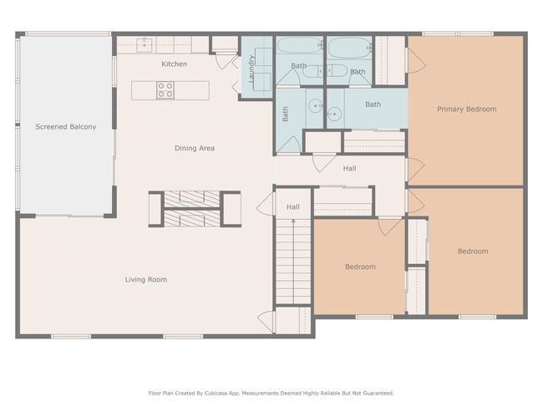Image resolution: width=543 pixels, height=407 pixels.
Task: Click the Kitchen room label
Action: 175,64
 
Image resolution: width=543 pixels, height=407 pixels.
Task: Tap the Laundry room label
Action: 251,69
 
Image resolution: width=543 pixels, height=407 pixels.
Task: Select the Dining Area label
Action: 195,148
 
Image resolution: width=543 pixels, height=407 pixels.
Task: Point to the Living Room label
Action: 146,279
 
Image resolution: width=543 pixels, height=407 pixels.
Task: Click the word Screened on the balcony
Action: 51,127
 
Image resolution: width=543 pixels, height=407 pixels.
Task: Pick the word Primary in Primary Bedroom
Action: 449,109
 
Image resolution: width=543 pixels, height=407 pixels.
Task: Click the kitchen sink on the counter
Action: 144,45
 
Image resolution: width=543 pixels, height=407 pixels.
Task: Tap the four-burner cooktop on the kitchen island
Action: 165,90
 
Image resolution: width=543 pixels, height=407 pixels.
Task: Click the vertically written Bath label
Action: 285,114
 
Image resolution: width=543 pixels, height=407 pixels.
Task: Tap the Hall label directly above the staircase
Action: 293,207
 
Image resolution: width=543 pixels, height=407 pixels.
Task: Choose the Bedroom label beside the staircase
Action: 360,267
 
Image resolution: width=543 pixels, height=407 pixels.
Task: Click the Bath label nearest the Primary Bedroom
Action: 373,104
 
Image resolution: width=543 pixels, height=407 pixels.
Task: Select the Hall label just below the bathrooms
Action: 349,169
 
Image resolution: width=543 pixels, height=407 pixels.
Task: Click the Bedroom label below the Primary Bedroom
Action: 473,252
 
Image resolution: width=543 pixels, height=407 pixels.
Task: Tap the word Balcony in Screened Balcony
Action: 83,127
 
